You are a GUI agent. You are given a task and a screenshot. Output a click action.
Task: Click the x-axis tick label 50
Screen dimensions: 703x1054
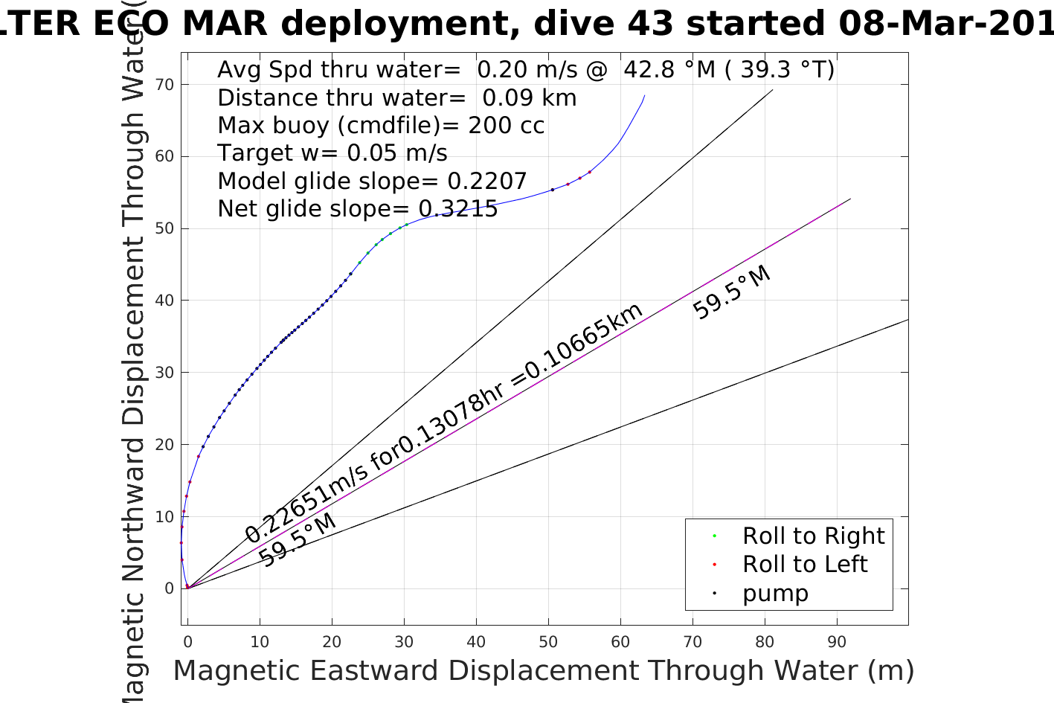(548, 642)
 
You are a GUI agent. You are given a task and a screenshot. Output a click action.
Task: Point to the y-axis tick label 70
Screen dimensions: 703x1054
(165, 85)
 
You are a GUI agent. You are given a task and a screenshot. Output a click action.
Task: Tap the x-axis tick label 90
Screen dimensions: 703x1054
(837, 642)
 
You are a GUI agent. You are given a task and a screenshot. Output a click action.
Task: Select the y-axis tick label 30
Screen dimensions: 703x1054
(165, 373)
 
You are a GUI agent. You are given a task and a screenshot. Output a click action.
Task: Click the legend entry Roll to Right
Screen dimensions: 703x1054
(813, 536)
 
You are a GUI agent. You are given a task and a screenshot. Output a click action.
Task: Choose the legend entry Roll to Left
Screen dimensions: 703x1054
(804, 564)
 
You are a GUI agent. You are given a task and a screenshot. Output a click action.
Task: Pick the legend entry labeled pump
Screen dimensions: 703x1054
(774, 593)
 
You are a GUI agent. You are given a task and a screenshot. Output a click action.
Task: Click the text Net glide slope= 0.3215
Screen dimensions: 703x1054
(357, 209)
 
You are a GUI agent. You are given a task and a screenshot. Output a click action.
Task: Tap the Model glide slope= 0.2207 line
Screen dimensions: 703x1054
(372, 181)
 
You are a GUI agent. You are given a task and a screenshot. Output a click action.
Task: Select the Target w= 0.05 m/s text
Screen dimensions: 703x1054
(332, 153)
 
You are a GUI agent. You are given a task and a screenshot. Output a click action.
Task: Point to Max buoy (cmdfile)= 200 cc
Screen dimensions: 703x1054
(381, 125)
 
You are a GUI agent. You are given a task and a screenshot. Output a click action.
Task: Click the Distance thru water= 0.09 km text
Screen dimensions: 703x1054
(396, 97)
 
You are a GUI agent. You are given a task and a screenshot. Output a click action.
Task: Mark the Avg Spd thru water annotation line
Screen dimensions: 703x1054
(525, 69)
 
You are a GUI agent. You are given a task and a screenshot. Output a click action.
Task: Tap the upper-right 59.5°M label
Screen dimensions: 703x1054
(732, 293)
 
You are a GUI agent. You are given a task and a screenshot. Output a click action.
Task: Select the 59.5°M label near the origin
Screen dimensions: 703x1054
(298, 540)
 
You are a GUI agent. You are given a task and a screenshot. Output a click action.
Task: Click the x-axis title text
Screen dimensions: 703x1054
(543, 670)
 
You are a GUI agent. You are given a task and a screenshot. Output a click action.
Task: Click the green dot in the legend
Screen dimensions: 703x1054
(714, 536)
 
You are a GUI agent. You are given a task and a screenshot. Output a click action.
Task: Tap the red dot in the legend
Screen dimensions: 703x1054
(714, 565)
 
